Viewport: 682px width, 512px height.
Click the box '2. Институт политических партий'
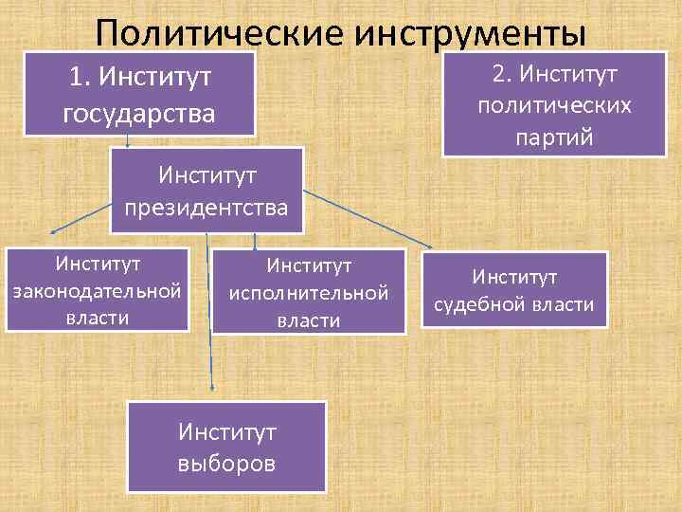[554, 104]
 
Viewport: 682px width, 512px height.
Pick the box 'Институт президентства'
[208, 190]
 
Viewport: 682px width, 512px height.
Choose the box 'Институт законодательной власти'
[98, 288]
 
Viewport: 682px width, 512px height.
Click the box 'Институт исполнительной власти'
[309, 291]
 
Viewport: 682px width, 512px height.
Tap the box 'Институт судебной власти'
[514, 289]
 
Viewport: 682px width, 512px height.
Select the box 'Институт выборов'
[226, 447]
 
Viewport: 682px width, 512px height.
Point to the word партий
[554, 137]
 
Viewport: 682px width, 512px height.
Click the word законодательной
[96, 289]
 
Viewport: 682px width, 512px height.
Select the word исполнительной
[309, 292]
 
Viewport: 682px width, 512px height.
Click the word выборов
[226, 464]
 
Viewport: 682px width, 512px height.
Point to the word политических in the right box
[554, 104]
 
